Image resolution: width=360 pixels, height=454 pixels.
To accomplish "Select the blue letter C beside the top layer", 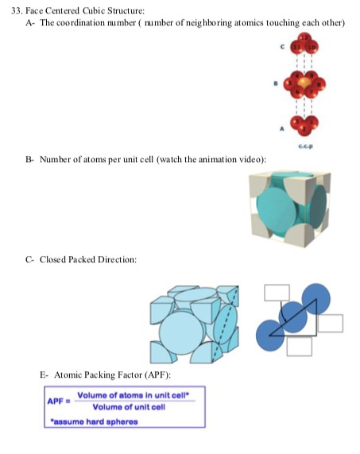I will click(x=282, y=47).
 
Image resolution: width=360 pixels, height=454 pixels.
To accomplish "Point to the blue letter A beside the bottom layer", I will click(x=282, y=129).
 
